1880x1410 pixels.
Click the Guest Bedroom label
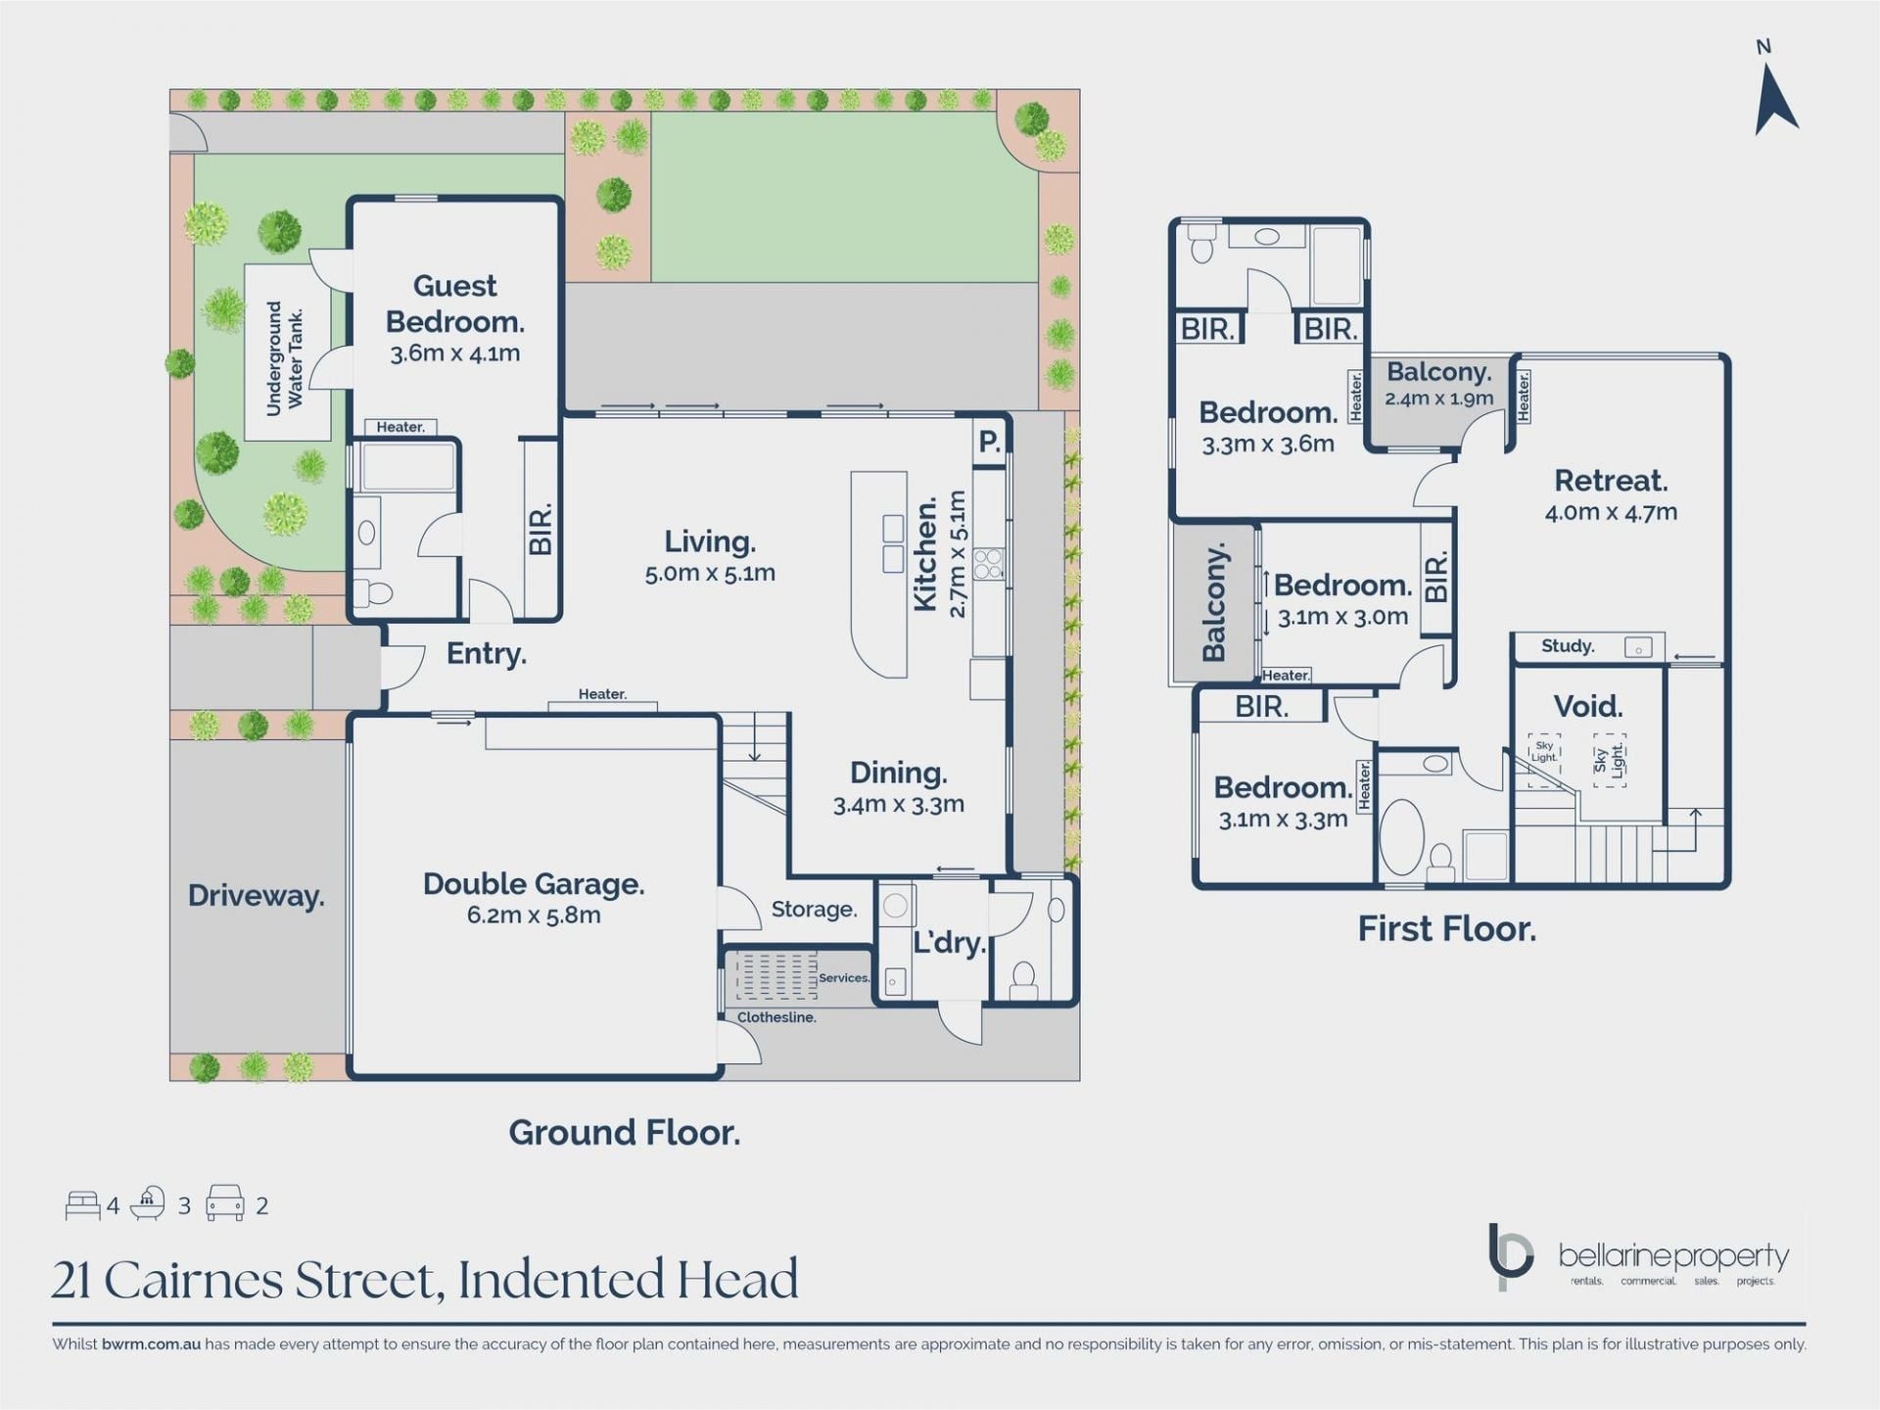454,303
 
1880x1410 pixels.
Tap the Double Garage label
534,884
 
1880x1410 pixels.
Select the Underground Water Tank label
285,357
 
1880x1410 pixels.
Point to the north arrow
1774,99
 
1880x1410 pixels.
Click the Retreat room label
1611,481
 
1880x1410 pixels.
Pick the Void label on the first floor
1588,706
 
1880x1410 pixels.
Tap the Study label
1568,646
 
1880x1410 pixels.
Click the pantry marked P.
990,443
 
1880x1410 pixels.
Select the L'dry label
949,943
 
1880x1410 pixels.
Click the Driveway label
257,896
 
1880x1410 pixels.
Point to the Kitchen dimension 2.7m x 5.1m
958,554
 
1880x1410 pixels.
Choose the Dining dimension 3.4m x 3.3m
899,805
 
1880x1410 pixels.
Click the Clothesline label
776,1017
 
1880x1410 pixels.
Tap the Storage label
814,910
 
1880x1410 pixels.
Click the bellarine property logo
1638,1257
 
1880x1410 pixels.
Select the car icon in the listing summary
224,1203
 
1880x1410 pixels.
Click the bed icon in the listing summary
83,1205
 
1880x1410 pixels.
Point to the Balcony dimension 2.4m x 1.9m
1438,399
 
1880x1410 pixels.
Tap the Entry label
487,654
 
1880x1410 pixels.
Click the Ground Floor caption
625,1133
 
